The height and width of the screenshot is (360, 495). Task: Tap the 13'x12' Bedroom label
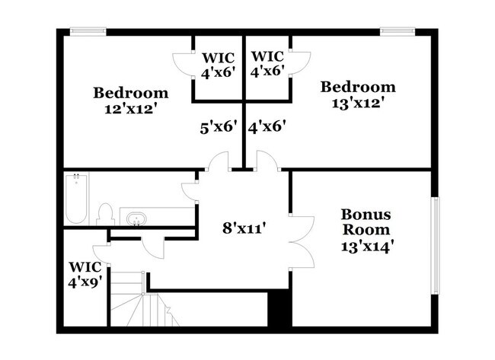pos(357,94)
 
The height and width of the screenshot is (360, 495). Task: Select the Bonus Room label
pos(366,222)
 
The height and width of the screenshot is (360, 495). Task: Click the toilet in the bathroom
pos(106,213)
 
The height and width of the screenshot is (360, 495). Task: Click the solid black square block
pos(280,311)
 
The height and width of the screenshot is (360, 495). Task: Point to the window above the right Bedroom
pos(397,31)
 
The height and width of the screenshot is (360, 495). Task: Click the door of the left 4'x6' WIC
pos(182,62)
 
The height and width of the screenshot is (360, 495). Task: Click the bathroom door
pos(190,189)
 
